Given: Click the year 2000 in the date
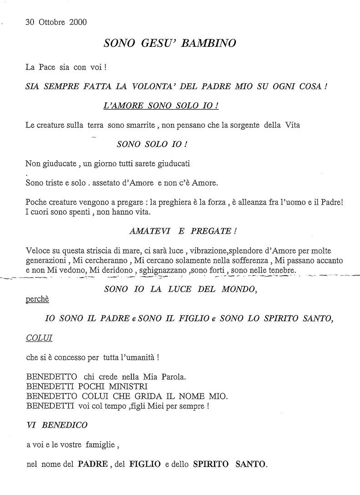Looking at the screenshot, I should point(78,22).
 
